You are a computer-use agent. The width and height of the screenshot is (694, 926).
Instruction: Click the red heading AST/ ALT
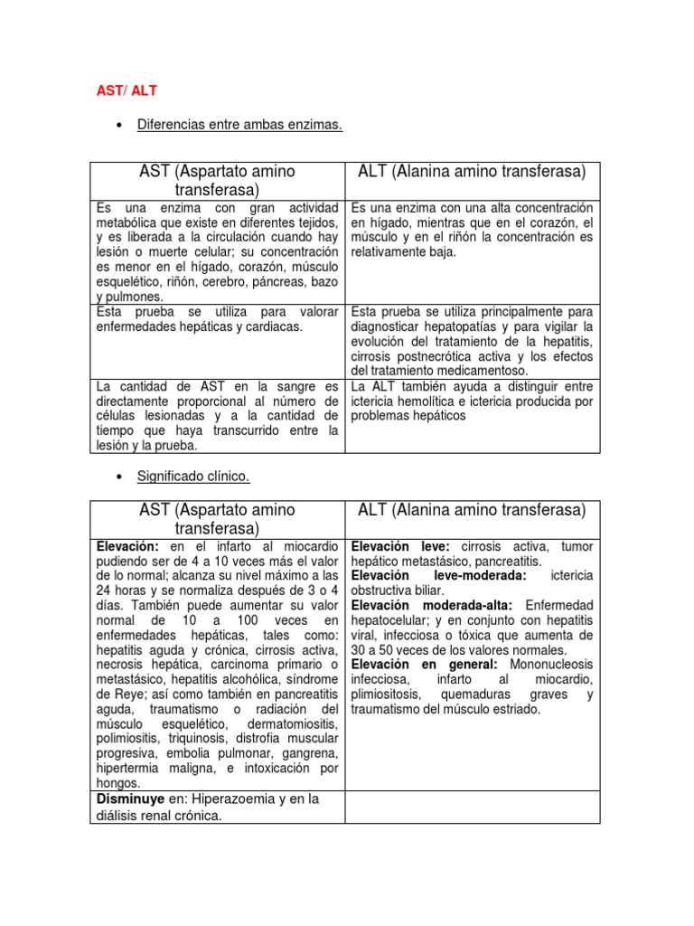click(127, 90)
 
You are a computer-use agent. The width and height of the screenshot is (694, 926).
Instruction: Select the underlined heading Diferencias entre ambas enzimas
click(239, 125)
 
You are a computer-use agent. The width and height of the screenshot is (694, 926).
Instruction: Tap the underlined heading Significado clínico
click(193, 475)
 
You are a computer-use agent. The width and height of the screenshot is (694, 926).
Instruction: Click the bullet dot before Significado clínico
click(120, 476)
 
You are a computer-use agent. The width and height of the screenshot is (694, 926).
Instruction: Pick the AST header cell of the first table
click(218, 180)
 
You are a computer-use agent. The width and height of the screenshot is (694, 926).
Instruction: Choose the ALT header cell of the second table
click(473, 510)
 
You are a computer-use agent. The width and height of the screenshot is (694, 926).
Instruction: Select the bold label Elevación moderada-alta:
click(432, 604)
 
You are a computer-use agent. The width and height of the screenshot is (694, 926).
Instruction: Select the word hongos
click(117, 783)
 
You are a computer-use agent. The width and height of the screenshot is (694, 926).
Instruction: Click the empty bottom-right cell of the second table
click(473, 807)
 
